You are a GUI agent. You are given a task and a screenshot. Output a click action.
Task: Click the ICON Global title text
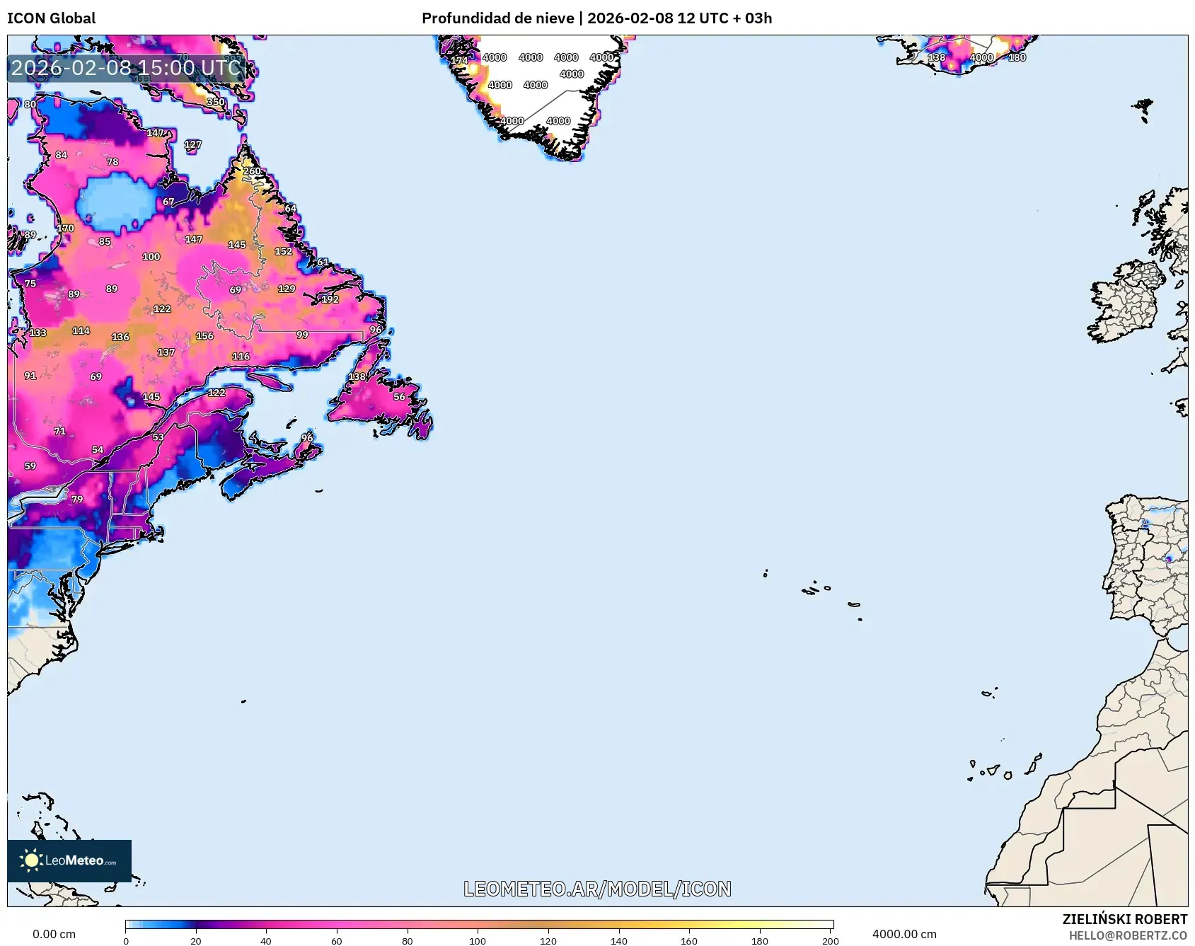coord(51,18)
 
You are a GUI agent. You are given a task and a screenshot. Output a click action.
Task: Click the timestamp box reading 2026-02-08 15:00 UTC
coord(126,68)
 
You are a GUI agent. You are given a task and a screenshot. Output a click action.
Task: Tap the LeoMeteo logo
coord(69,860)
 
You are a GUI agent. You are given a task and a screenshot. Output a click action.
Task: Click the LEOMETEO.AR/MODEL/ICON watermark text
coord(597,889)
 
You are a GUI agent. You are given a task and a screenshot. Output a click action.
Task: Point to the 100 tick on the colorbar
coord(478,940)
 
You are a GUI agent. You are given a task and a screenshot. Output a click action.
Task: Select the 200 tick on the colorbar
coord(831,940)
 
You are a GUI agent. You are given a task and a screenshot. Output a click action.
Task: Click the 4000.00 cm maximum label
coord(904,934)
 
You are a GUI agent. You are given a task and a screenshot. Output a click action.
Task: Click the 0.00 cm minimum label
coord(54,934)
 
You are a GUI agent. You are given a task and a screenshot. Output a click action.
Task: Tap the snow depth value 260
coord(252,171)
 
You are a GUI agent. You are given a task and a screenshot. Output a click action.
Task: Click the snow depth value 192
coord(330,299)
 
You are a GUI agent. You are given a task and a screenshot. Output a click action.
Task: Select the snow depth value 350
coord(215,102)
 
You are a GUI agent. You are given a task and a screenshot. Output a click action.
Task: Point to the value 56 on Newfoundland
coord(399,397)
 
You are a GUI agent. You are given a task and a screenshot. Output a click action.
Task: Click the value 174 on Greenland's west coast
coord(459,61)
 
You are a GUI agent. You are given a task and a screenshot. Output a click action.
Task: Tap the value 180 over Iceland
coord(1017,57)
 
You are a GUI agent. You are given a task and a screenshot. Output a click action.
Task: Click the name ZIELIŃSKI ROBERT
coord(1124,919)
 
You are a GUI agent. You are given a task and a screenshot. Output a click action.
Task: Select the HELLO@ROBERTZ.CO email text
coord(1128,935)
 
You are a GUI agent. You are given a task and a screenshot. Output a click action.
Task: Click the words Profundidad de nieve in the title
coord(497,18)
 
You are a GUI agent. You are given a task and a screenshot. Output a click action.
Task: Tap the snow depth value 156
coord(204,336)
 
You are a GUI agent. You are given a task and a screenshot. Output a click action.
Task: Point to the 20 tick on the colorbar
coord(195,940)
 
